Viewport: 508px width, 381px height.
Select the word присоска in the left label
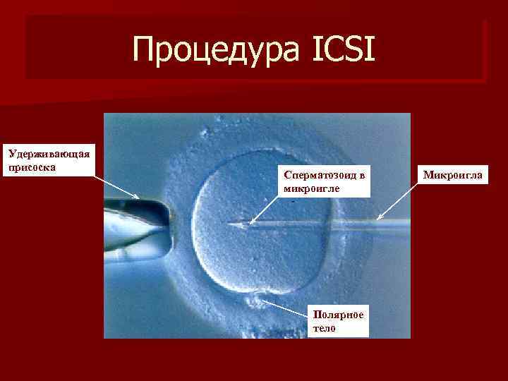coord(30,167)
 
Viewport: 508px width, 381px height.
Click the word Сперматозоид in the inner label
coord(321,174)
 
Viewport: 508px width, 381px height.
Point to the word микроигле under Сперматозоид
coord(310,188)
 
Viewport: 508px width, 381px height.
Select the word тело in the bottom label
coord(326,328)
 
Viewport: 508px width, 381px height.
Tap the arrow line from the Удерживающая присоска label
coord(116,185)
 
